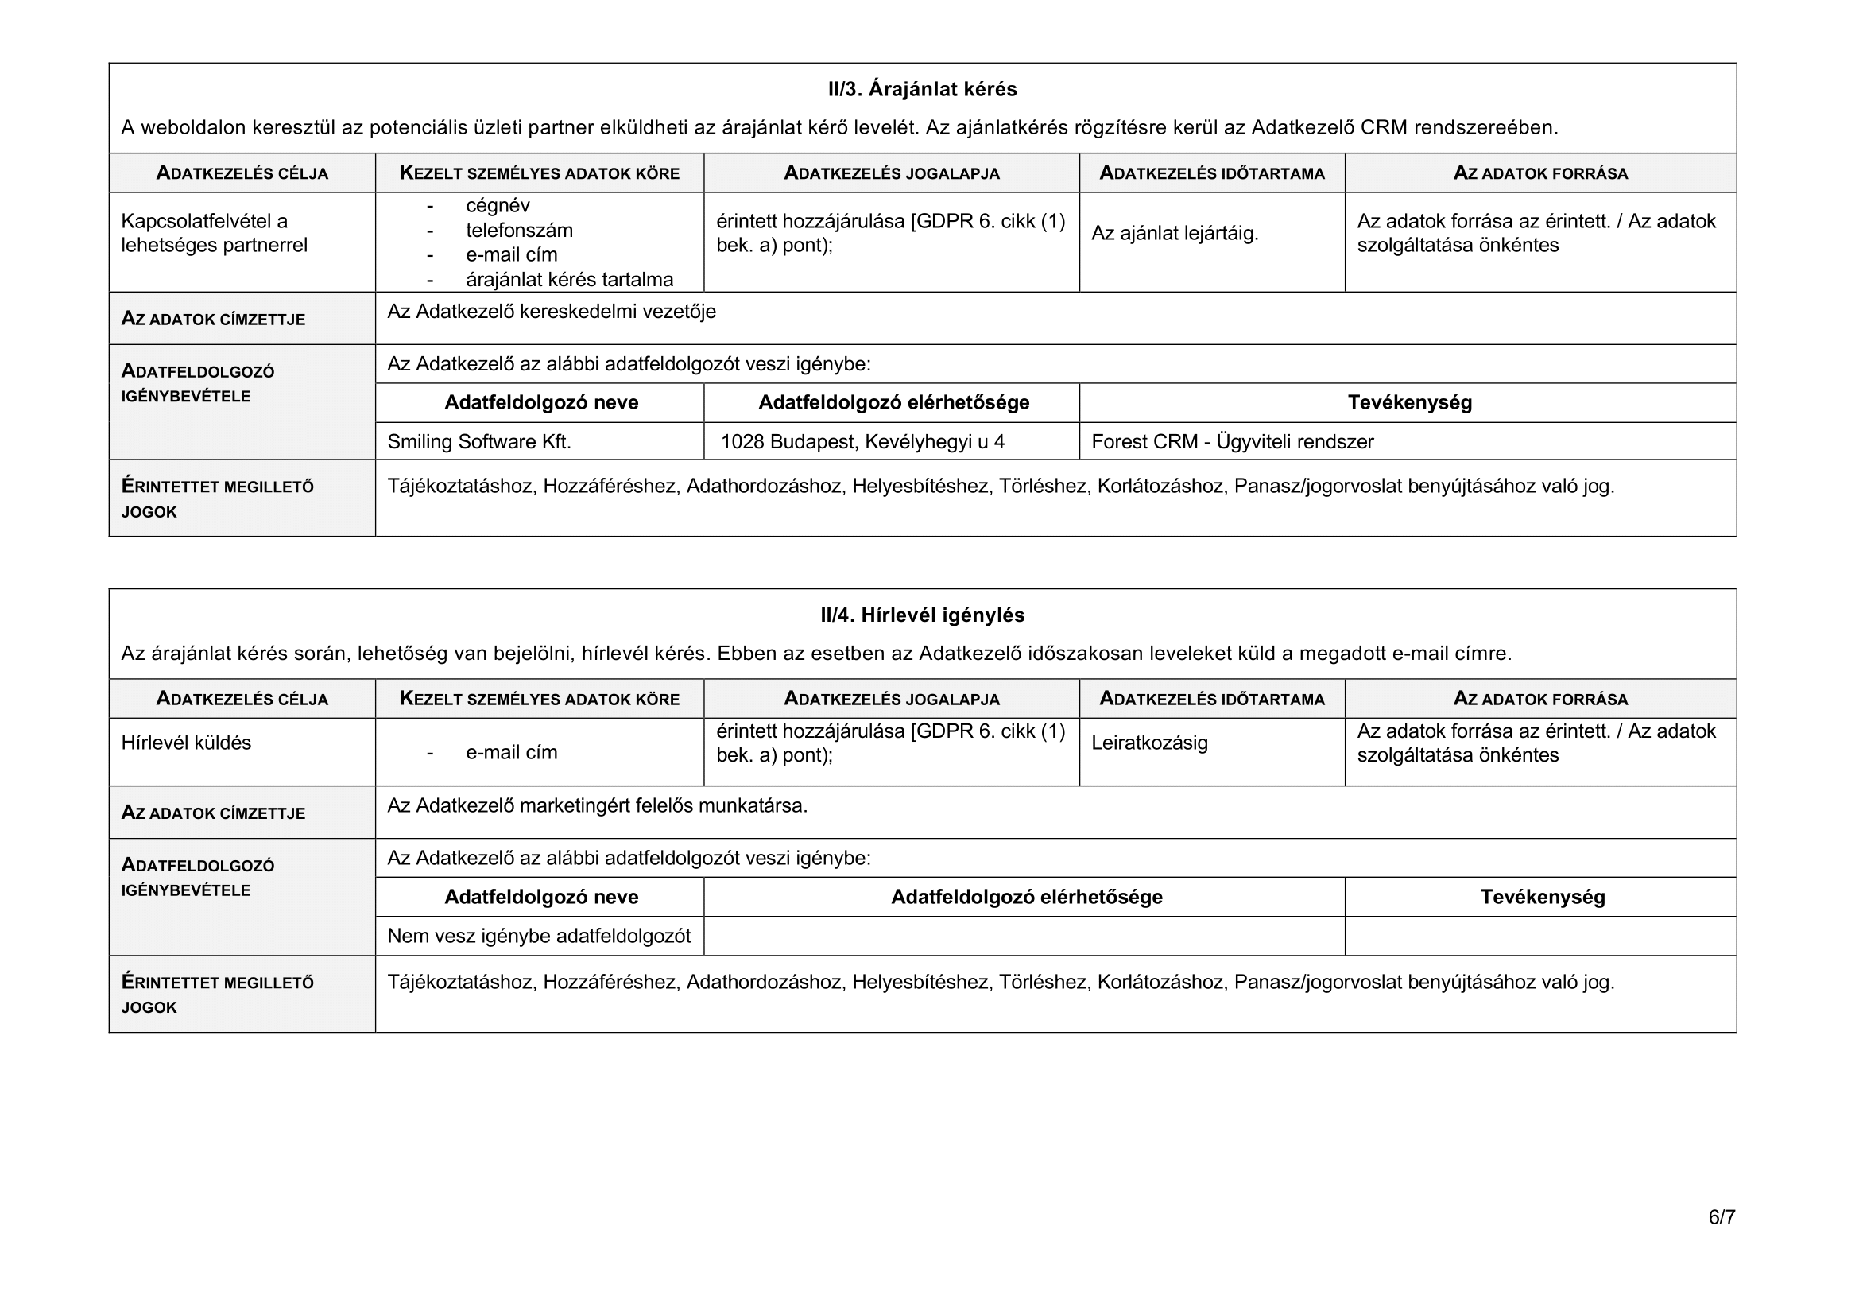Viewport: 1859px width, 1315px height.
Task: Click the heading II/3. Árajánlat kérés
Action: (922, 89)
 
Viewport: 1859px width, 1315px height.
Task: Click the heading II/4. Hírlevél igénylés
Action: (922, 615)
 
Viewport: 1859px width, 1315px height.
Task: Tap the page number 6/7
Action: (1722, 1217)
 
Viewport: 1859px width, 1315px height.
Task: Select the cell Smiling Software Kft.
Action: (479, 442)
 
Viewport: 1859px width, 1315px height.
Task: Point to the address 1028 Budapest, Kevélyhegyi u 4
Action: (862, 442)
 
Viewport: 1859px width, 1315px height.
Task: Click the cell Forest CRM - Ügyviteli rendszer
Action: (1233, 442)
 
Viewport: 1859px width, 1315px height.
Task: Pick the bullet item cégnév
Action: (497, 206)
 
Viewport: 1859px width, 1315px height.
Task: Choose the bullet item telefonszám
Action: (519, 231)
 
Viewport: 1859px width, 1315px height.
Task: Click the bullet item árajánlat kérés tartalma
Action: (569, 280)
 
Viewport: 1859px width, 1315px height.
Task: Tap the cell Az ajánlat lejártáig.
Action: (1175, 234)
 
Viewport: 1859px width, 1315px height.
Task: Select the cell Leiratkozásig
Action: (1149, 743)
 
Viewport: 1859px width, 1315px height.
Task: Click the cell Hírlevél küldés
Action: (186, 743)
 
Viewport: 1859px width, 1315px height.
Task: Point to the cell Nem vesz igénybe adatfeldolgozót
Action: (538, 937)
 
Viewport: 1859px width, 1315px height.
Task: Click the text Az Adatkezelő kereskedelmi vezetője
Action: (552, 312)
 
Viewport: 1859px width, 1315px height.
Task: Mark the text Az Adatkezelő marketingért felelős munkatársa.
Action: (597, 805)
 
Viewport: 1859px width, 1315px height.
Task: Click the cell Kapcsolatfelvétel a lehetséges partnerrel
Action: (214, 233)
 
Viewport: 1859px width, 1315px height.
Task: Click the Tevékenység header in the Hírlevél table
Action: (1543, 897)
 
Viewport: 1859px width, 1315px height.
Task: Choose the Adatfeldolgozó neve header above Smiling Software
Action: (541, 403)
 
